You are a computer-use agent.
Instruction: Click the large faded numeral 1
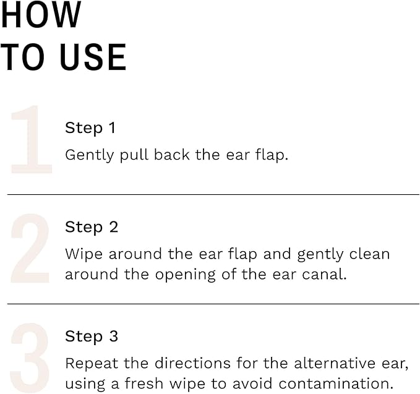click(x=31, y=139)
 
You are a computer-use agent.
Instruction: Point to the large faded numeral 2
click(x=30, y=249)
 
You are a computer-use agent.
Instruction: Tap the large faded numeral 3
click(x=30, y=357)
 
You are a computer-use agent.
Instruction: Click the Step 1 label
click(x=90, y=128)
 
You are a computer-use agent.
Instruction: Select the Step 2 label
click(x=92, y=227)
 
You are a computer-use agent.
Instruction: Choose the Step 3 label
click(x=92, y=336)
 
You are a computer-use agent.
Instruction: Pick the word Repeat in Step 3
click(x=87, y=363)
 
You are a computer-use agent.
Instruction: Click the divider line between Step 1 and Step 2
click(x=213, y=194)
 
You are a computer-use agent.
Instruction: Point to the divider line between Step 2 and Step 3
click(x=213, y=304)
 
